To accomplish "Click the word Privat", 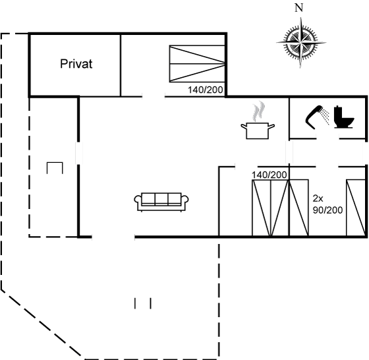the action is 76,64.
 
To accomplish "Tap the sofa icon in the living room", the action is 161,202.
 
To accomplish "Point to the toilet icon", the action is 344,117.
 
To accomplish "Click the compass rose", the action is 300,43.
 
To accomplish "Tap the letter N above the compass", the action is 299,8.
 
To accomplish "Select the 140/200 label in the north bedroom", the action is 205,90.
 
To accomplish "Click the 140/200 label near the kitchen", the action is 270,175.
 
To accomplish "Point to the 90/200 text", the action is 327,210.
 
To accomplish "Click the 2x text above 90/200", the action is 318,198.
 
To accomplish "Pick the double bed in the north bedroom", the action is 197,63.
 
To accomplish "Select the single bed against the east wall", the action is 356,208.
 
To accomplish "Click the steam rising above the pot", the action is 258,111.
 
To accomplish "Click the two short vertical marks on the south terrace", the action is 143,303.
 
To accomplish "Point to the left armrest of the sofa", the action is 138,202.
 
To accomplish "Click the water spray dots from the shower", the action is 326,116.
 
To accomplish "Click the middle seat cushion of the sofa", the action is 161,199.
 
